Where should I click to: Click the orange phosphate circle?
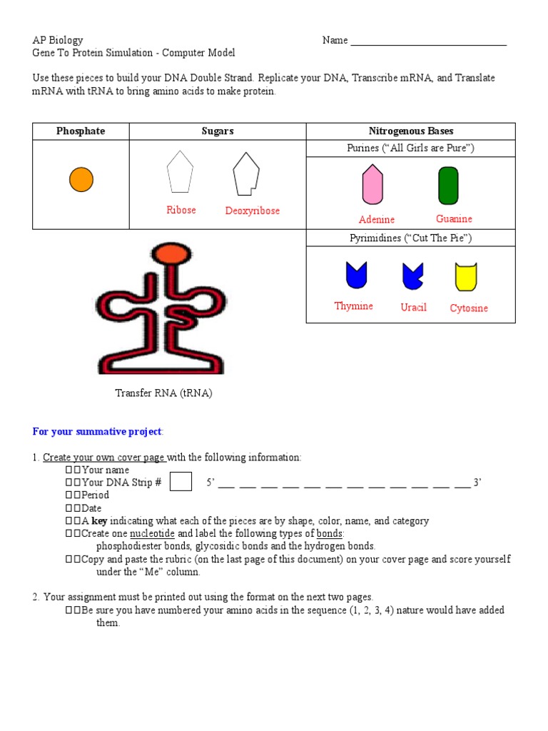81,179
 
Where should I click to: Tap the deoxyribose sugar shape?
245,173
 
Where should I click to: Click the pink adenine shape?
372,185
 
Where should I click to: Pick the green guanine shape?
448,186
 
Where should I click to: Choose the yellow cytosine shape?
466,277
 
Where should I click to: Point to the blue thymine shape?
355,276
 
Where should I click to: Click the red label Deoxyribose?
253,211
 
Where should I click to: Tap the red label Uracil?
414,307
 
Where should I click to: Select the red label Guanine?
454,218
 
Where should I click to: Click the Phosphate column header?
81,131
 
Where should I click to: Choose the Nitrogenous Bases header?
410,131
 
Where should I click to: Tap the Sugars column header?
218,131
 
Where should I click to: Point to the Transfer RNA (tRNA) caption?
164,393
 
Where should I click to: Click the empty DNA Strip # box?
181,482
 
